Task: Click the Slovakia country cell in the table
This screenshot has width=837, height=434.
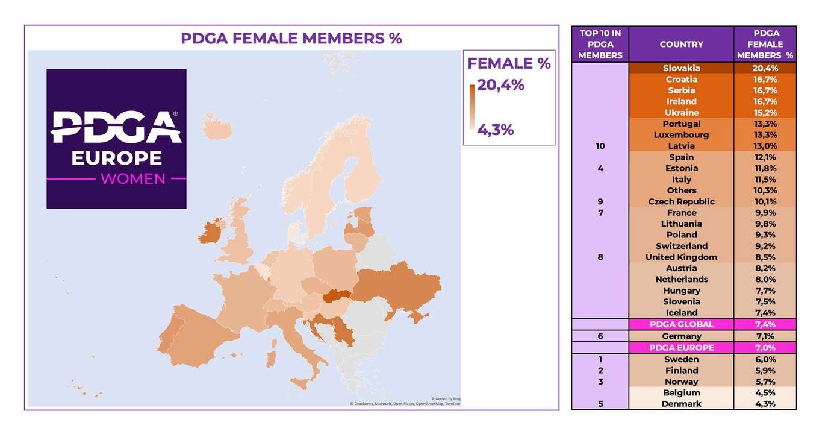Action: pyautogui.click(x=681, y=68)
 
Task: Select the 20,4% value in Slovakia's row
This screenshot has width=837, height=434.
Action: pyautogui.click(x=765, y=68)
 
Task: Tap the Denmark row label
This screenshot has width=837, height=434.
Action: pyautogui.click(x=681, y=404)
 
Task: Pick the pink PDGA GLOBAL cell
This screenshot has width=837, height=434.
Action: pyautogui.click(x=681, y=324)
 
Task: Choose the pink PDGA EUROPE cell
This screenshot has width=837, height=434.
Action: pyautogui.click(x=681, y=348)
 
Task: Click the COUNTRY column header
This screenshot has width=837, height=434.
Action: pyautogui.click(x=681, y=44)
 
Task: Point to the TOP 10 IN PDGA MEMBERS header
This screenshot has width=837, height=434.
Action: pyautogui.click(x=600, y=44)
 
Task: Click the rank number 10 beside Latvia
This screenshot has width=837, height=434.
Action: pyautogui.click(x=600, y=146)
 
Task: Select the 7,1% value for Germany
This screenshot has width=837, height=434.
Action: pyautogui.click(x=765, y=336)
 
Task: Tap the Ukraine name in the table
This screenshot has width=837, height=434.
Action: pyautogui.click(x=681, y=113)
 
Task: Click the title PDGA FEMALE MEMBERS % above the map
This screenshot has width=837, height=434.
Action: pyautogui.click(x=291, y=39)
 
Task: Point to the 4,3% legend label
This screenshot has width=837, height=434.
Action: pyautogui.click(x=495, y=130)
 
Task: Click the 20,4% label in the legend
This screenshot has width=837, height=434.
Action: pyautogui.click(x=500, y=85)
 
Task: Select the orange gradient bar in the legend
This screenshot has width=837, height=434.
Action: pyautogui.click(x=471, y=107)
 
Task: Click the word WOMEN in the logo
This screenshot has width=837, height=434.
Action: pyautogui.click(x=132, y=179)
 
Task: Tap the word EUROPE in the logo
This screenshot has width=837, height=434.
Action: pyautogui.click(x=116, y=158)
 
